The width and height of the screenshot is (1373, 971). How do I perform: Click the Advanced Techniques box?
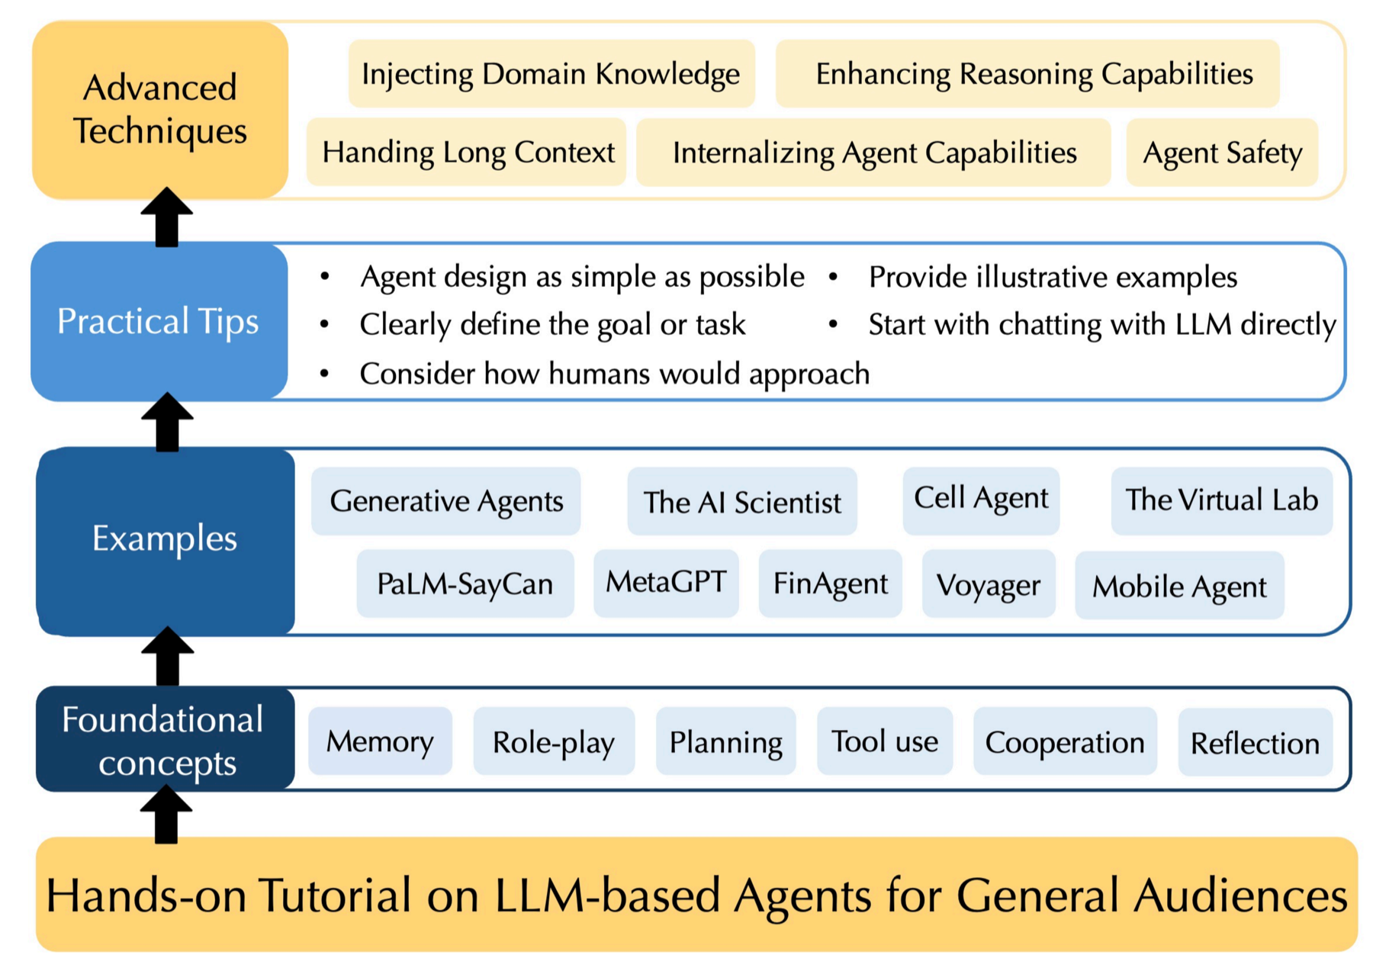coord(159,109)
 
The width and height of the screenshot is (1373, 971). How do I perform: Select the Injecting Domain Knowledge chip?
coord(551,74)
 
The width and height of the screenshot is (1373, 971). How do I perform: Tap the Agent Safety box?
coord(1221,153)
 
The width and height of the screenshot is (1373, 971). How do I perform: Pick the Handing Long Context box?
coord(467,152)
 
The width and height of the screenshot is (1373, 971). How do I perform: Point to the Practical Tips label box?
coord(159,321)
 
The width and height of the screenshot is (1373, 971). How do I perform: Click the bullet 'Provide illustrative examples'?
coord(1052,277)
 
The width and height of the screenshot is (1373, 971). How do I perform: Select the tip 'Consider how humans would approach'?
coord(613,374)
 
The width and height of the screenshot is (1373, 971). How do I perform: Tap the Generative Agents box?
coord(445,501)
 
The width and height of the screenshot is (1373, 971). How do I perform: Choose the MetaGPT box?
coord(665,583)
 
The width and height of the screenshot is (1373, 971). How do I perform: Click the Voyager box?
coord(988,585)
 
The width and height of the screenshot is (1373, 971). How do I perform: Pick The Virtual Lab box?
coord(1220,500)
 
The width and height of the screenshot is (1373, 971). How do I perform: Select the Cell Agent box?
coord(980,500)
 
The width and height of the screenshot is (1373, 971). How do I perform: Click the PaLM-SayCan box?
coord(465,584)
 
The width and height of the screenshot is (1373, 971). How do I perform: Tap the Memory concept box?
coord(379,741)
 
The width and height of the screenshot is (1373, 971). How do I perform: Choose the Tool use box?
coord(884,741)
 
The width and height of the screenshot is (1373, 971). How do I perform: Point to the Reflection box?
coord(1254,743)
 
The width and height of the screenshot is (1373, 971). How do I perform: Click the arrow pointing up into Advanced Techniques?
coord(167,217)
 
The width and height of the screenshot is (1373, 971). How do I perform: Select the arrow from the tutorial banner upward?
coord(166,815)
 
